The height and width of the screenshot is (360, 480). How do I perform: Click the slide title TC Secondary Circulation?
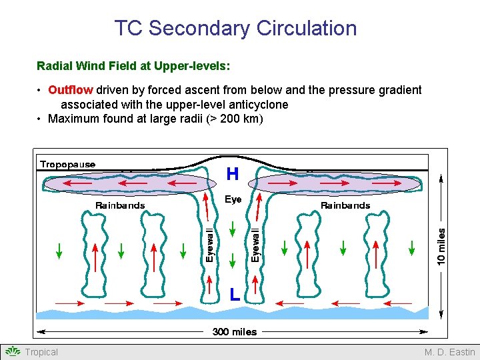click(235, 29)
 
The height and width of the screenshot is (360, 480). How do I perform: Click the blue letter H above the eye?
click(233, 175)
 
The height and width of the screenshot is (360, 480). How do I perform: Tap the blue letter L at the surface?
click(235, 294)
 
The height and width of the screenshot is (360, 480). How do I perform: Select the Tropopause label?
click(68, 165)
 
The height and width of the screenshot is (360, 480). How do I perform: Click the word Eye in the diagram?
click(233, 199)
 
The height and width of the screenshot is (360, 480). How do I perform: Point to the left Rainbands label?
click(120, 205)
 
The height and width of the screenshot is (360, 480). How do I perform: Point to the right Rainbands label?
click(345, 205)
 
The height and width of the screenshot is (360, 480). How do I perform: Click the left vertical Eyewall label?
click(209, 245)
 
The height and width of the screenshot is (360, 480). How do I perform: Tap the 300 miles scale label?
click(234, 331)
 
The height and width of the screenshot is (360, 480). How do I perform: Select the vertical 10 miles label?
click(441, 245)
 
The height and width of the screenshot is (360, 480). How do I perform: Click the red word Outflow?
click(71, 90)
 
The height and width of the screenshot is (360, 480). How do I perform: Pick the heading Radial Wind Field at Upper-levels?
click(133, 66)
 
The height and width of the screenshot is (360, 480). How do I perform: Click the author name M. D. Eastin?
click(450, 352)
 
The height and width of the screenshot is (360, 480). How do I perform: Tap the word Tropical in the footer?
click(41, 352)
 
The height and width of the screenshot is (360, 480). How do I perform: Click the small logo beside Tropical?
click(13, 352)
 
